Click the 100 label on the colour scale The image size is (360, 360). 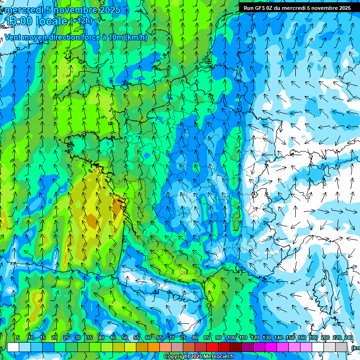pyautogui.click(x=232, y=338)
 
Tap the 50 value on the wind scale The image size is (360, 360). pyautogui.click(x=125, y=338)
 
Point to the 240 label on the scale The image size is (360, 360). pyautogui.click(x=348, y=338)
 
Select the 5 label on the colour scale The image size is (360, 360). pyautogui.click(x=18, y=338)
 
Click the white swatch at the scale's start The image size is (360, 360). pyautogui.click(x=13, y=347)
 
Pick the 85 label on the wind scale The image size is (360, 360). pyautogui.click(x=207, y=338)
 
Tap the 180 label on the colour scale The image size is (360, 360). pyautogui.click(x=314, y=338)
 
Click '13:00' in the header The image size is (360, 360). pyautogui.click(x=18, y=21)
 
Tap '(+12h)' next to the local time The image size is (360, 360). pyautogui.click(x=81, y=21)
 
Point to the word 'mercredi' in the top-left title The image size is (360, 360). pyautogui.click(x=23, y=10)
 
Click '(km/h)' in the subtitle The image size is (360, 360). pyautogui.click(x=136, y=37)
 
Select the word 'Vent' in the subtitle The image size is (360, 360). pyautogui.click(x=13, y=37)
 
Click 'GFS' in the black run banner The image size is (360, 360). pyautogui.click(x=260, y=8)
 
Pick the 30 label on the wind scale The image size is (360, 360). pyautogui.click(x=77, y=338)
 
